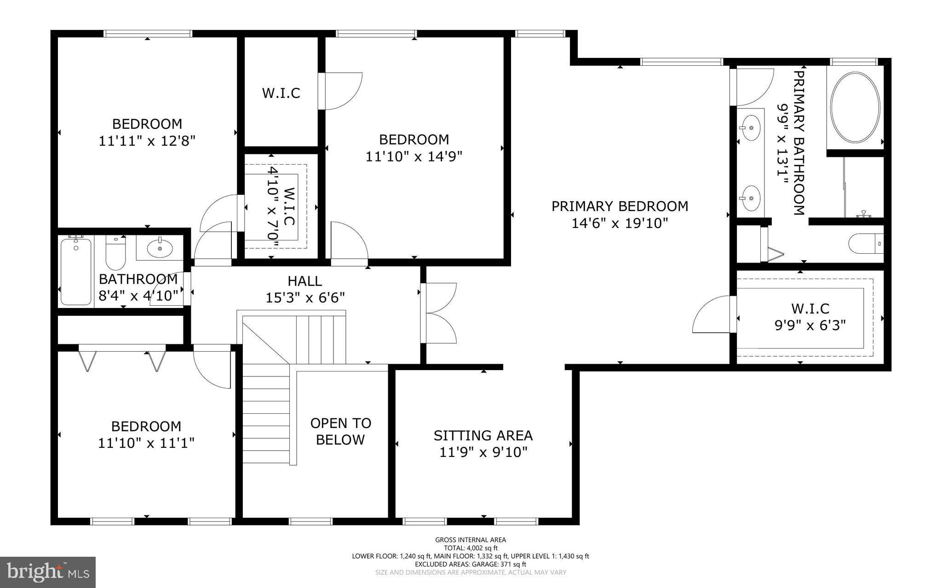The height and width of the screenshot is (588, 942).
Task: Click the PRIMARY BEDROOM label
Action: click(620, 206)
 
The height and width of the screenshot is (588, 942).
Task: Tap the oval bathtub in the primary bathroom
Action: click(855, 107)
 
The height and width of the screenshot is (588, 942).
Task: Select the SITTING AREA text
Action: click(483, 435)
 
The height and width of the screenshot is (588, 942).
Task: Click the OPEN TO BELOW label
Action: click(341, 431)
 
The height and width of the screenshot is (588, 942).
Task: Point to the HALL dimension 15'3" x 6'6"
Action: click(305, 298)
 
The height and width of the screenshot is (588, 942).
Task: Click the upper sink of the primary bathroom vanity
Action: click(751, 128)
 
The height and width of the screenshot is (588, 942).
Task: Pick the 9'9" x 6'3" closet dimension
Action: click(810, 325)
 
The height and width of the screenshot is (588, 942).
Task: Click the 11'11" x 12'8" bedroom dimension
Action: click(147, 141)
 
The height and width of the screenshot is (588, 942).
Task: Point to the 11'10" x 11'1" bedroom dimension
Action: click(146, 443)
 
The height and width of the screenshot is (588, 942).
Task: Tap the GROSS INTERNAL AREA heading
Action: click(471, 540)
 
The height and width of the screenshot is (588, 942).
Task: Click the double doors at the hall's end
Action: click(439, 313)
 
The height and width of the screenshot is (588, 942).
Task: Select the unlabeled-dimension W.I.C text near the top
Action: click(281, 93)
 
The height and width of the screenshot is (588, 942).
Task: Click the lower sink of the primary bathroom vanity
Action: click(751, 198)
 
